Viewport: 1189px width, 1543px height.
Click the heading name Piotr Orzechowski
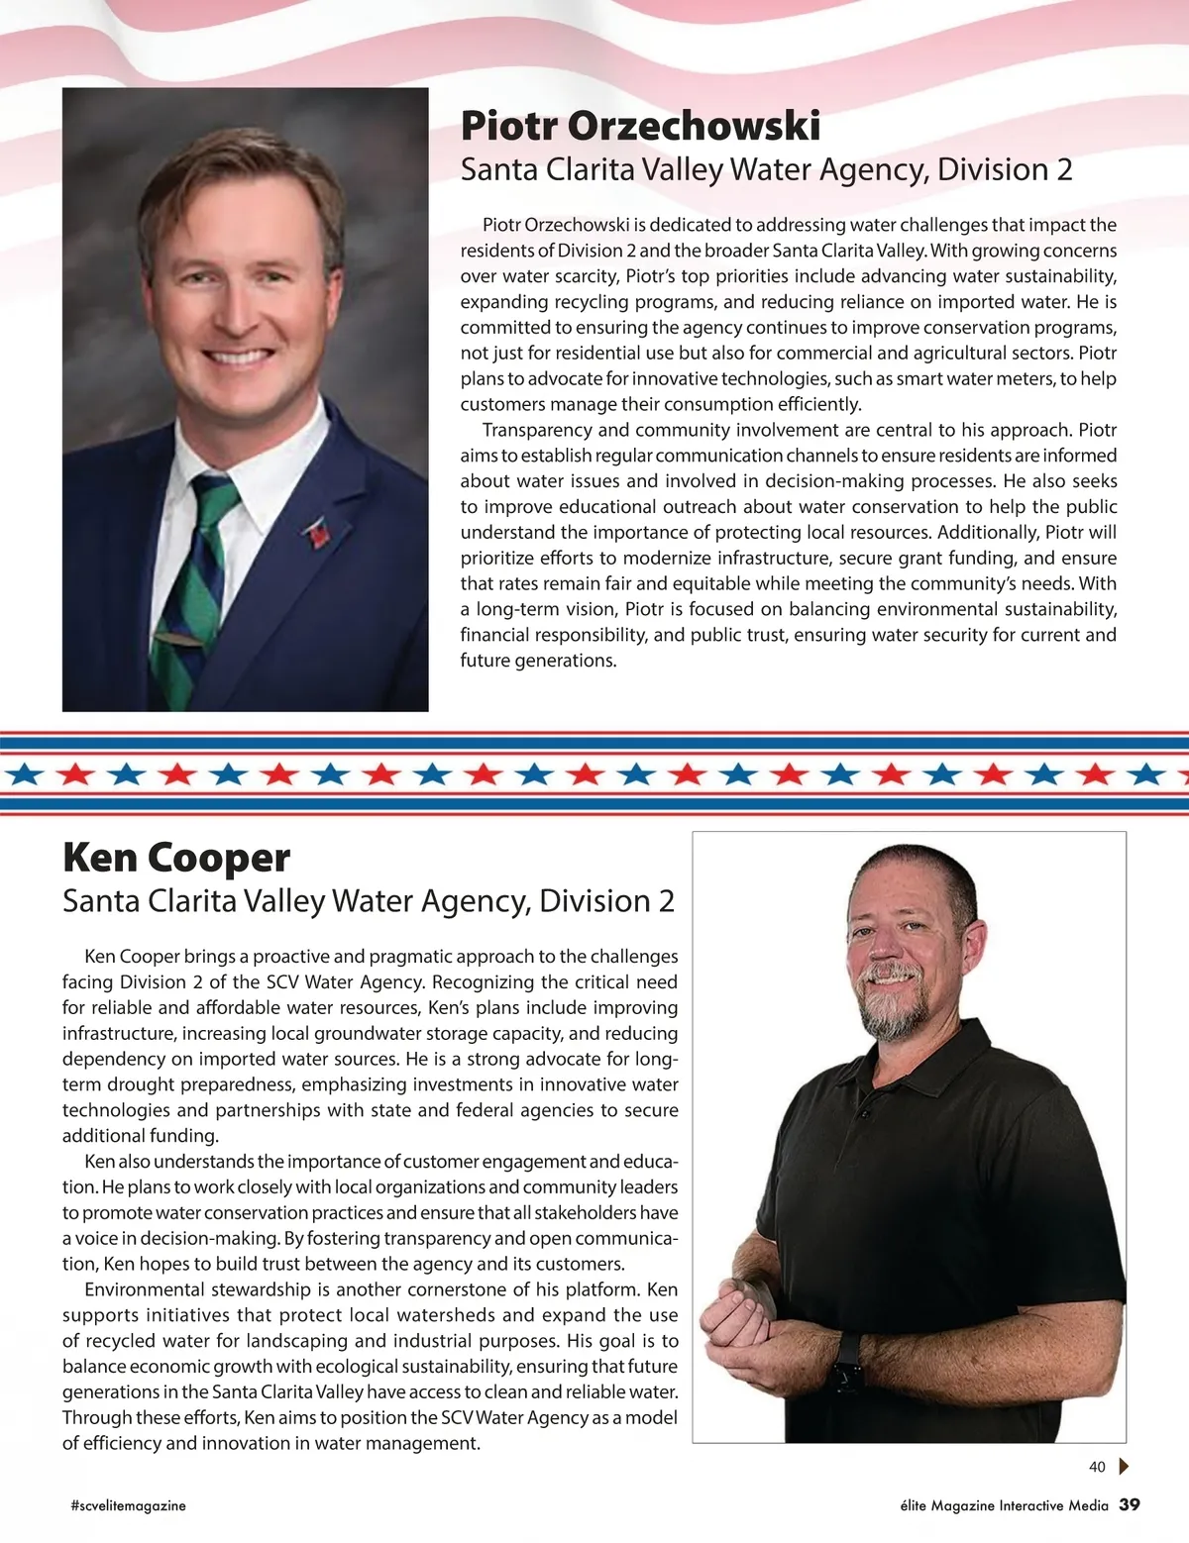640,126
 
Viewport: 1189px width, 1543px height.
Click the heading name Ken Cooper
176,858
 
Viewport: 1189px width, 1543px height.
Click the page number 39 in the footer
1130,1504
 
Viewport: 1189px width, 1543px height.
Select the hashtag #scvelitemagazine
129,1505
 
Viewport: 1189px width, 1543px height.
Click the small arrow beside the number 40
1124,1467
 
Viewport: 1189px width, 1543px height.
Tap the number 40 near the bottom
1097,1467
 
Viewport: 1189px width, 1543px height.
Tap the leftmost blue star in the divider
24,773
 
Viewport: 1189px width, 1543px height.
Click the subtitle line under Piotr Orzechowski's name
766,170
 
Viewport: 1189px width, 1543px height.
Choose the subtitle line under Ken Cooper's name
369,901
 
